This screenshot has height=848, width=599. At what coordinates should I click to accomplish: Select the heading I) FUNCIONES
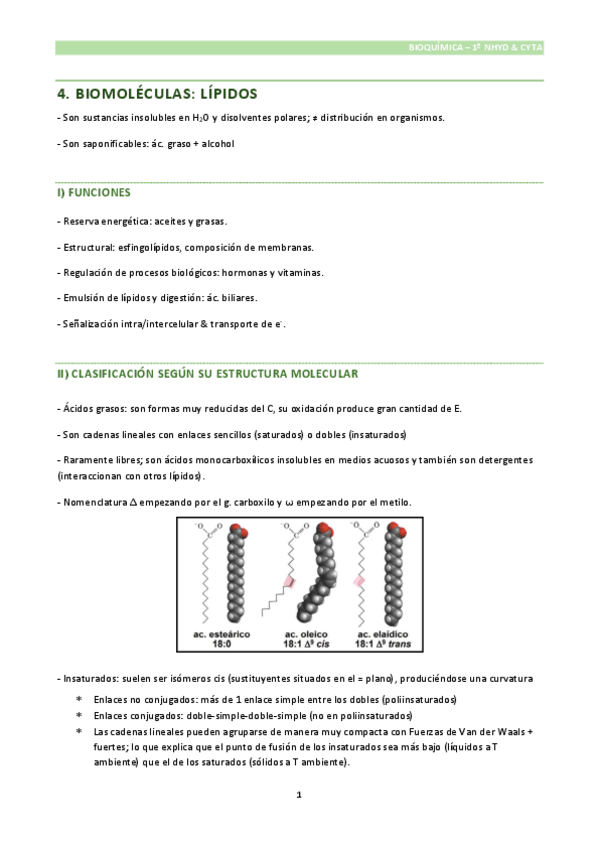(x=93, y=191)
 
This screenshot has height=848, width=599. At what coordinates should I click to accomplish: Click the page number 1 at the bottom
(x=299, y=795)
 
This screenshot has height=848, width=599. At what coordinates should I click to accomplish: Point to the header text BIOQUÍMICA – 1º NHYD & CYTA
(x=477, y=47)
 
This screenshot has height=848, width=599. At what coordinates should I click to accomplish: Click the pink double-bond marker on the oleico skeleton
(x=293, y=581)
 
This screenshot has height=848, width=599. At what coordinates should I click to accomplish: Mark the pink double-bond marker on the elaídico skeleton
(x=359, y=580)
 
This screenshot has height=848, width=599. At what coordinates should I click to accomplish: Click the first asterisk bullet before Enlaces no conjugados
(x=79, y=701)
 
